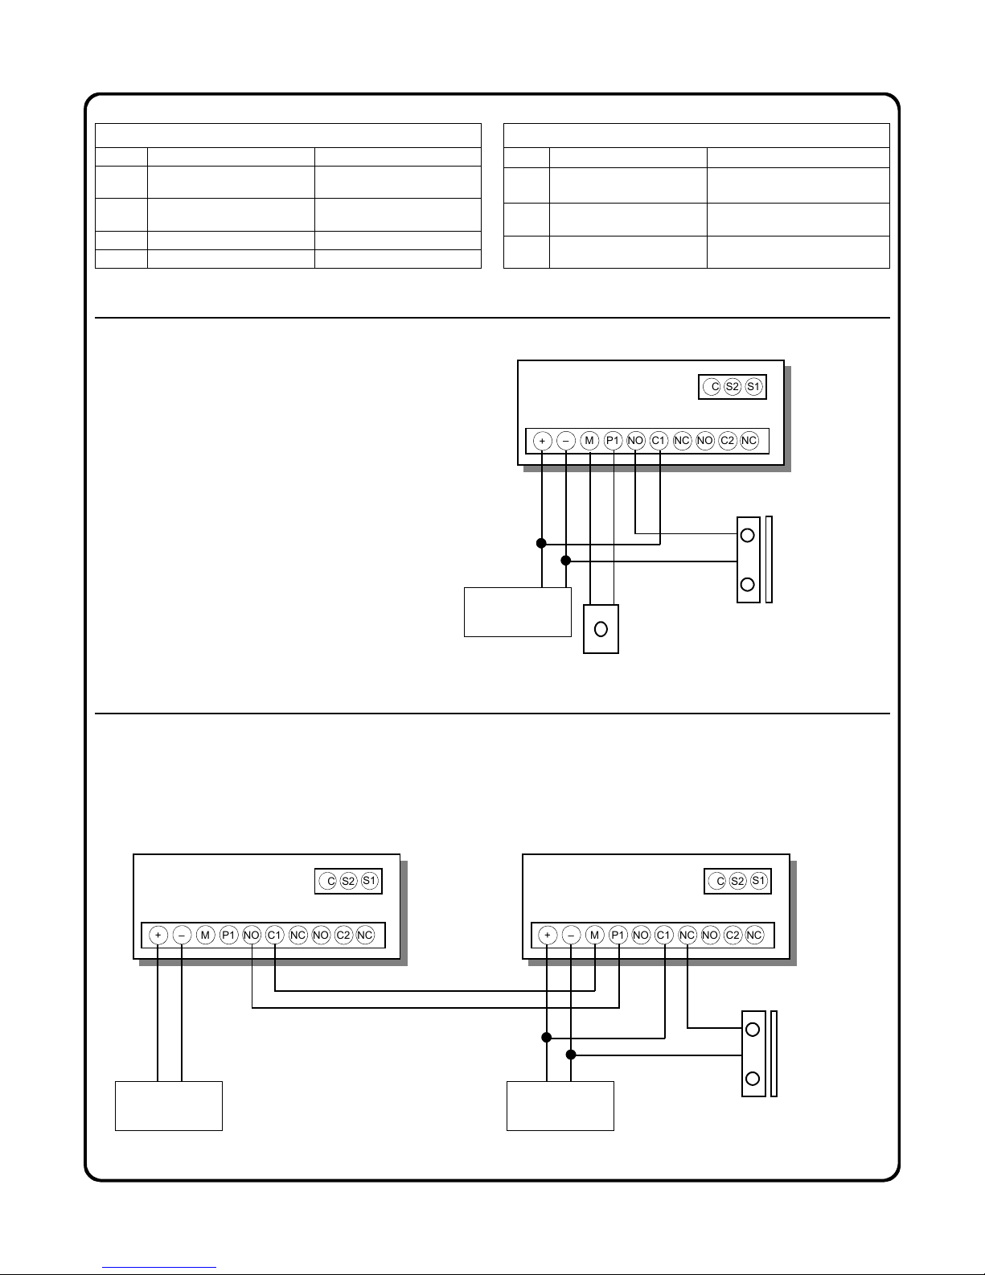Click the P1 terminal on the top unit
tap(614, 441)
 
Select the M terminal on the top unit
tap(590, 441)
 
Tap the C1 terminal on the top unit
tap(659, 441)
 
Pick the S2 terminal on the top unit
tap(732, 387)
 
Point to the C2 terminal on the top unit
tap(728, 441)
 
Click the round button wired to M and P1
tap(601, 629)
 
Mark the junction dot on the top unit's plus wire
tap(542, 544)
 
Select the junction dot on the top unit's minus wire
tap(566, 560)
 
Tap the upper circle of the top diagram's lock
tap(748, 534)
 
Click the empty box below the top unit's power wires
tap(518, 612)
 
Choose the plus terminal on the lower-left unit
tap(158, 935)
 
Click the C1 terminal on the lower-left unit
tap(275, 935)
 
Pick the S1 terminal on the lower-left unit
tap(370, 881)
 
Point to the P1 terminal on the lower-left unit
tap(229, 935)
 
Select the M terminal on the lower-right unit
tap(595, 935)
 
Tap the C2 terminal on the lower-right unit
tap(733, 935)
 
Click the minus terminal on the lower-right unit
tap(571, 935)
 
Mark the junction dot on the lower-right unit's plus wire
tap(547, 1037)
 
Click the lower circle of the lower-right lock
tap(753, 1079)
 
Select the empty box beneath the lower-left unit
tap(169, 1106)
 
